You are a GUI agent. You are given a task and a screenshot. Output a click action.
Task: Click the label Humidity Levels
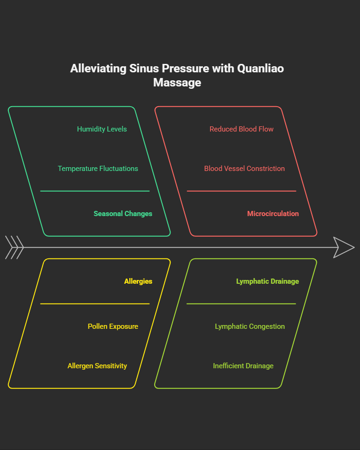pos(102,129)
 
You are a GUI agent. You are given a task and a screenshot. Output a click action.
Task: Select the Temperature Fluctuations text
pos(98,169)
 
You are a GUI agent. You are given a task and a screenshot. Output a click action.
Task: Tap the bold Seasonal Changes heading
pos(123,214)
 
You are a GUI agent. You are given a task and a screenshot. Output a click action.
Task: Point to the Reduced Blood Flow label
pos(241,129)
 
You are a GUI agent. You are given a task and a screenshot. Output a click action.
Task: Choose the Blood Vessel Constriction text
pos(244,169)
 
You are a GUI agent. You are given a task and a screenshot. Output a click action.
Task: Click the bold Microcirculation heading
pos(273,214)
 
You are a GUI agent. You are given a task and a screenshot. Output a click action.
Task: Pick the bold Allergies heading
pos(138,281)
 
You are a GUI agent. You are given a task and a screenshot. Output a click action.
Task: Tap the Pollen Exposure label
pos(113,326)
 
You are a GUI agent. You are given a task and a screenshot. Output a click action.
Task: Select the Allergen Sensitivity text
pos(97,366)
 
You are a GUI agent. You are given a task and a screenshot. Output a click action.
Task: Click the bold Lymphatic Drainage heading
pos(267,281)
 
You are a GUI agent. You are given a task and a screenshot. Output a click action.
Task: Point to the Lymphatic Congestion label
pos(250,326)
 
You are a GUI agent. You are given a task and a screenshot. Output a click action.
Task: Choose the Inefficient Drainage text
pos(243,366)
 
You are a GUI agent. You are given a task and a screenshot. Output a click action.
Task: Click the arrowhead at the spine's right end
pos(343,247)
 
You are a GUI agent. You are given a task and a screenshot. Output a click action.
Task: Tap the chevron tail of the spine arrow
pos(14,247)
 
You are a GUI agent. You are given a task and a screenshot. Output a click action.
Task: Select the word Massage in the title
pos(177,83)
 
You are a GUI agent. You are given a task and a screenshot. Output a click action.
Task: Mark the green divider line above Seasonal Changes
pos(94,191)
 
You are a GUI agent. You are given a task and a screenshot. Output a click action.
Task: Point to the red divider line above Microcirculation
pos(241,191)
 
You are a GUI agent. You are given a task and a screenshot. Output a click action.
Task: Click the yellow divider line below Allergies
pos(94,304)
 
